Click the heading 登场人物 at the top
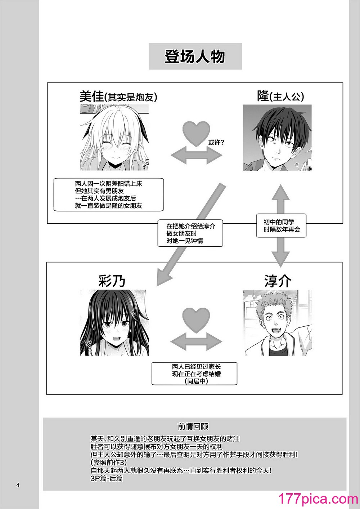coord(195,56)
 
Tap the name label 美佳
coord(91,96)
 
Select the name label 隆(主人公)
coord(280,96)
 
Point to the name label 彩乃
coord(112,281)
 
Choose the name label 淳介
coord(278,281)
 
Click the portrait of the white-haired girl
coord(114,138)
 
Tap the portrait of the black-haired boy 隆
coord(277,138)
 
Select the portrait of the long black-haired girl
coord(114,323)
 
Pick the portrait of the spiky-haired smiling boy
coord(278,323)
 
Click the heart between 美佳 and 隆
coord(196,134)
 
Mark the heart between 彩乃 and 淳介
coord(196,320)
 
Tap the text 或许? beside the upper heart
coord(216,143)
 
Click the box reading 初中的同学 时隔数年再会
coord(282,226)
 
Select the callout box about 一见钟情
coord(190,233)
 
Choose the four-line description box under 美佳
coord(109,195)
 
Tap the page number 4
coord(18,486)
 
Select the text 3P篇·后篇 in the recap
coord(107,478)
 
